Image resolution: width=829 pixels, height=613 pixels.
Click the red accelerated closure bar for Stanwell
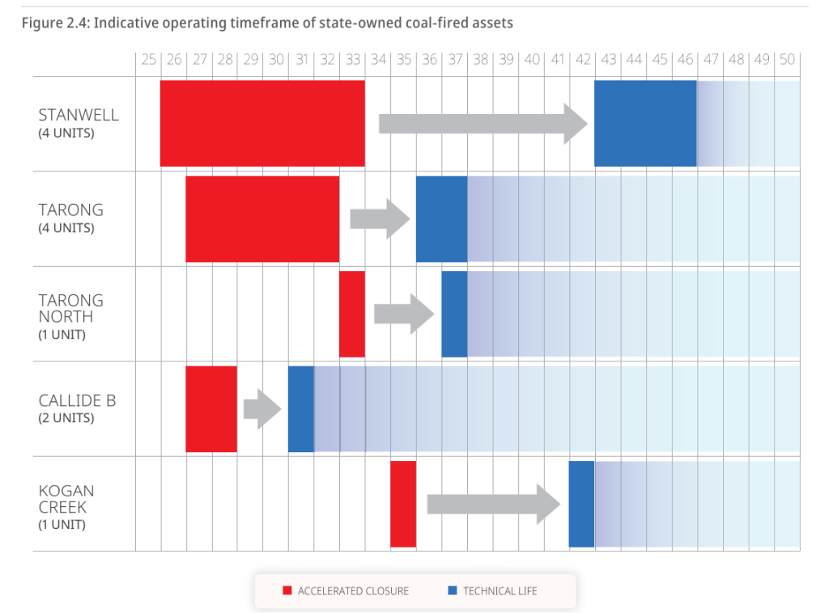[x=262, y=124]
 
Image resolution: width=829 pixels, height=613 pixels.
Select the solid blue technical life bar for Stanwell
[x=645, y=124]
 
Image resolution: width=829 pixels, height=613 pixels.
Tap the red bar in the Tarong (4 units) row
[x=262, y=219]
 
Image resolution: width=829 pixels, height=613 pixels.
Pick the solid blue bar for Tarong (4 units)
[x=441, y=219]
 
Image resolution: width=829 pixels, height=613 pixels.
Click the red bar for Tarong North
[x=352, y=314]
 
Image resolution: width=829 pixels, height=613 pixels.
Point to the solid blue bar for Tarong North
[x=454, y=314]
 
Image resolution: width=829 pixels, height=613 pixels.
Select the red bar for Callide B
[x=211, y=409]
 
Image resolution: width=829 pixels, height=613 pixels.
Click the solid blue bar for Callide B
[x=301, y=409]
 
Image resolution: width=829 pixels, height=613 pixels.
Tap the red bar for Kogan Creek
[x=403, y=504]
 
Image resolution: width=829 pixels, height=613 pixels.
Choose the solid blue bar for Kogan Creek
[x=581, y=504]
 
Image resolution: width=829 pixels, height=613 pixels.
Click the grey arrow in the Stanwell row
[x=483, y=124]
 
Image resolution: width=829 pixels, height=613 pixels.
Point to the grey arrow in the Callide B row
[x=261, y=409]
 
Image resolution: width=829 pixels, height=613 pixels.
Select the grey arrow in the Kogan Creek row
[x=493, y=504]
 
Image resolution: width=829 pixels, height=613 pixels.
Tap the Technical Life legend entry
[x=492, y=591]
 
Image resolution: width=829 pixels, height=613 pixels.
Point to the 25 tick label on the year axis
[x=148, y=60]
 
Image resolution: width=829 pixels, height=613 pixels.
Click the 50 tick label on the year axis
[x=787, y=60]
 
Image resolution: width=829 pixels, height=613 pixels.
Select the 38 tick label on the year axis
[x=480, y=60]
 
